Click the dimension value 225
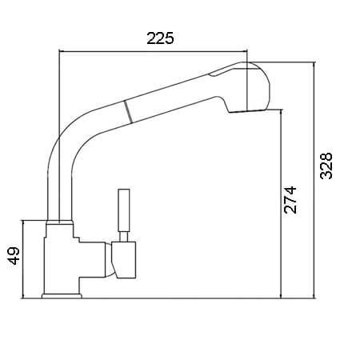click(x=160, y=38)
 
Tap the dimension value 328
click(x=326, y=166)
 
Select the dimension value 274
click(x=290, y=200)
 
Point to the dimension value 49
click(x=14, y=256)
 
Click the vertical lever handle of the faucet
click(x=124, y=210)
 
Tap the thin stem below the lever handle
click(x=123, y=237)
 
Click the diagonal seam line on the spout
click(x=128, y=112)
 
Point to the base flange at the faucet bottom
click(x=62, y=296)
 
